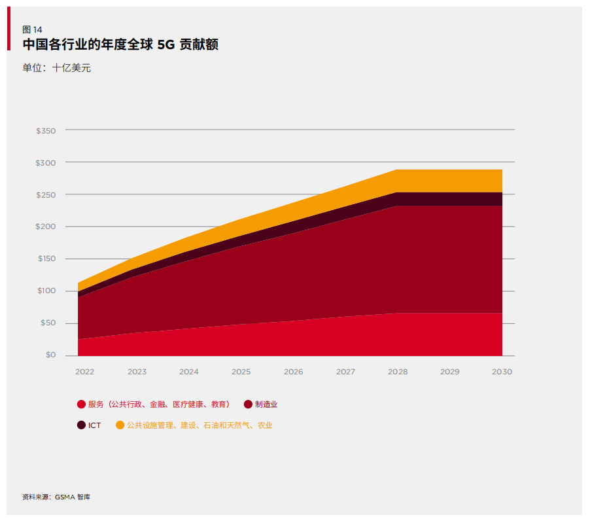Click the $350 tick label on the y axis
(46, 131)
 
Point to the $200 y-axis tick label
(46, 226)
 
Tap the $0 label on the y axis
(50, 355)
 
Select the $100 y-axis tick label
(46, 291)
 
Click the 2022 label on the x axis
(84, 372)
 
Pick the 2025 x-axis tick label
(241, 372)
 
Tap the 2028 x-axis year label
(398, 372)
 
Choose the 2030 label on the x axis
(502, 372)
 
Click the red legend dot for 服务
(81, 404)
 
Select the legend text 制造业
(266, 404)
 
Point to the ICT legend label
(95, 425)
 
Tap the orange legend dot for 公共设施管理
(120, 425)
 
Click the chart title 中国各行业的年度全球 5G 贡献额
(120, 45)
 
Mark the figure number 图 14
(32, 29)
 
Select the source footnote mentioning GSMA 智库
(56, 497)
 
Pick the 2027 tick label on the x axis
(345, 372)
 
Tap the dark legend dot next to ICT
(81, 425)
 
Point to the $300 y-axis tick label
(46, 162)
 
